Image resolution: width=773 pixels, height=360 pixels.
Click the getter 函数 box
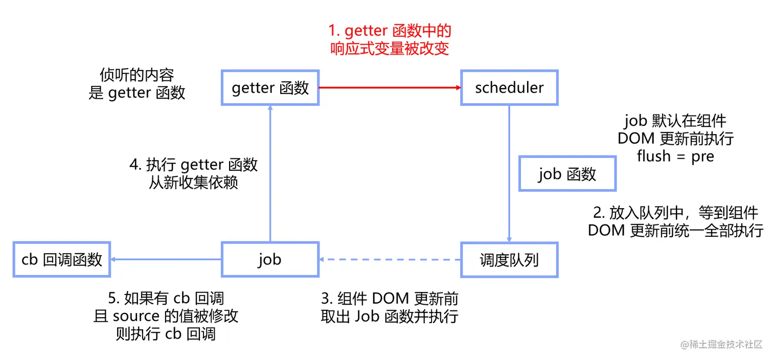point(270,88)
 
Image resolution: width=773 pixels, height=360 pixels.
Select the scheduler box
point(509,88)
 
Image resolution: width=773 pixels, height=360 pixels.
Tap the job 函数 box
point(567,174)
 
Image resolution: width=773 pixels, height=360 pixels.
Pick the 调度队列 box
point(509,260)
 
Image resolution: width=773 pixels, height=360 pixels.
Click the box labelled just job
point(270,260)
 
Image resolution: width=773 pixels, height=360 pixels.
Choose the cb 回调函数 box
point(62,260)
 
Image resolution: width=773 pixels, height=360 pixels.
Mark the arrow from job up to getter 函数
point(270,174)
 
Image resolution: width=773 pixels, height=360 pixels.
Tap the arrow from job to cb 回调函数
point(166,260)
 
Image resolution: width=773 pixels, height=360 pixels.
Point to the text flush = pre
point(675,156)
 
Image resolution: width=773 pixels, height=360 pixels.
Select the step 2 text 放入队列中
point(675,213)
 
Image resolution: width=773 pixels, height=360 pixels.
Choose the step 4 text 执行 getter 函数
point(194,165)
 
